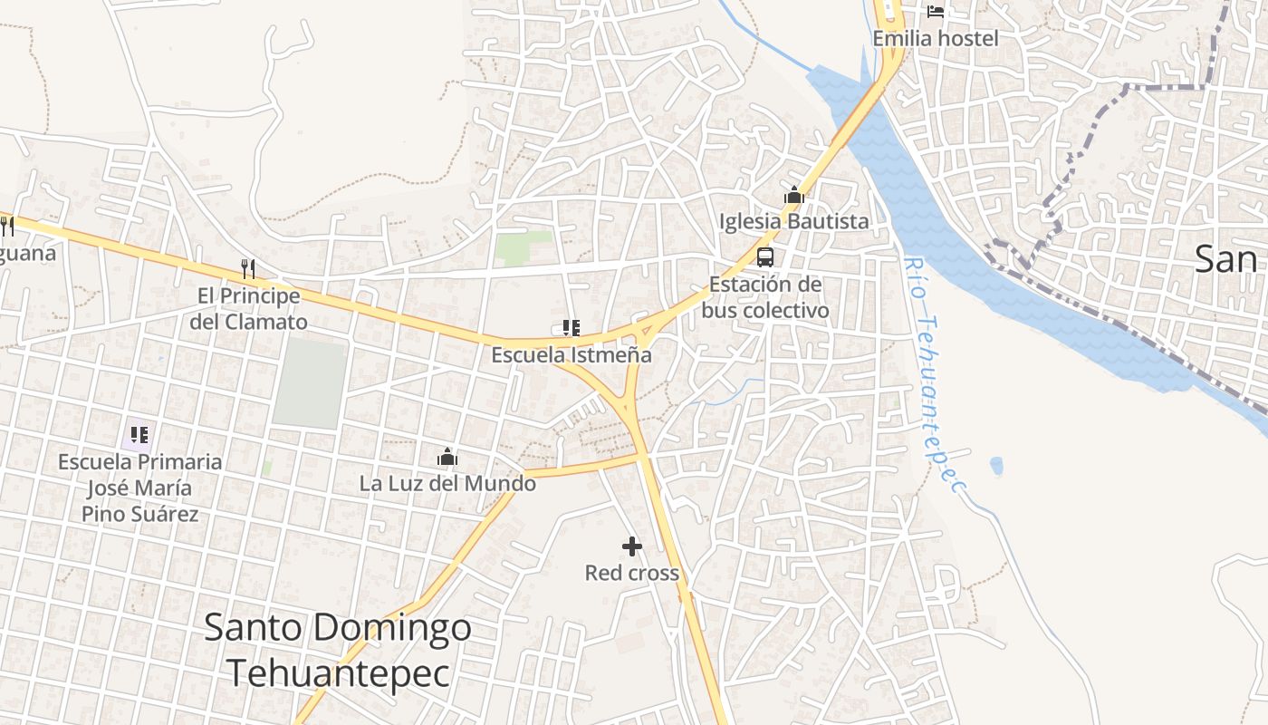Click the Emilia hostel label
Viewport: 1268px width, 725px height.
[x=936, y=38]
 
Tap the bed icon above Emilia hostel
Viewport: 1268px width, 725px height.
[x=936, y=12]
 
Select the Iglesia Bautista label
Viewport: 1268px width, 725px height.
[x=793, y=221]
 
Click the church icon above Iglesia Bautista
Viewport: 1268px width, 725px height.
[x=794, y=195]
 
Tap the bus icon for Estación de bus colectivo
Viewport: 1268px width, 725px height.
[x=765, y=256]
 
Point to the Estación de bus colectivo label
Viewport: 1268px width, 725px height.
[x=765, y=297]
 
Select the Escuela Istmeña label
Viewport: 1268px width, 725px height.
[x=571, y=354]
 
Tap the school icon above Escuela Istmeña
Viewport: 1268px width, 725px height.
[x=571, y=327]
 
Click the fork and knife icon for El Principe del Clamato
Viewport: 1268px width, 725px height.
[x=248, y=268]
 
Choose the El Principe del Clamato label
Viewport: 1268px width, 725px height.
[x=249, y=309]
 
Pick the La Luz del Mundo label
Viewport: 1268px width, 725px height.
[x=447, y=483]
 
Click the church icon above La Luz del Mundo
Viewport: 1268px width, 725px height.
[x=447, y=457]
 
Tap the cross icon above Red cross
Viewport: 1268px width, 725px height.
[x=632, y=546]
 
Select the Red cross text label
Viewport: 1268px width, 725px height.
[x=631, y=573]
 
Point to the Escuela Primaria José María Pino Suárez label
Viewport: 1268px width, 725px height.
[x=140, y=488]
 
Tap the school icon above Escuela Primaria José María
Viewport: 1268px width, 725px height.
[x=139, y=435]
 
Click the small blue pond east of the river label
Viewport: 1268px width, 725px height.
[x=996, y=466]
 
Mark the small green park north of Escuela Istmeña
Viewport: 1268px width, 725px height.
[x=524, y=247]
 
